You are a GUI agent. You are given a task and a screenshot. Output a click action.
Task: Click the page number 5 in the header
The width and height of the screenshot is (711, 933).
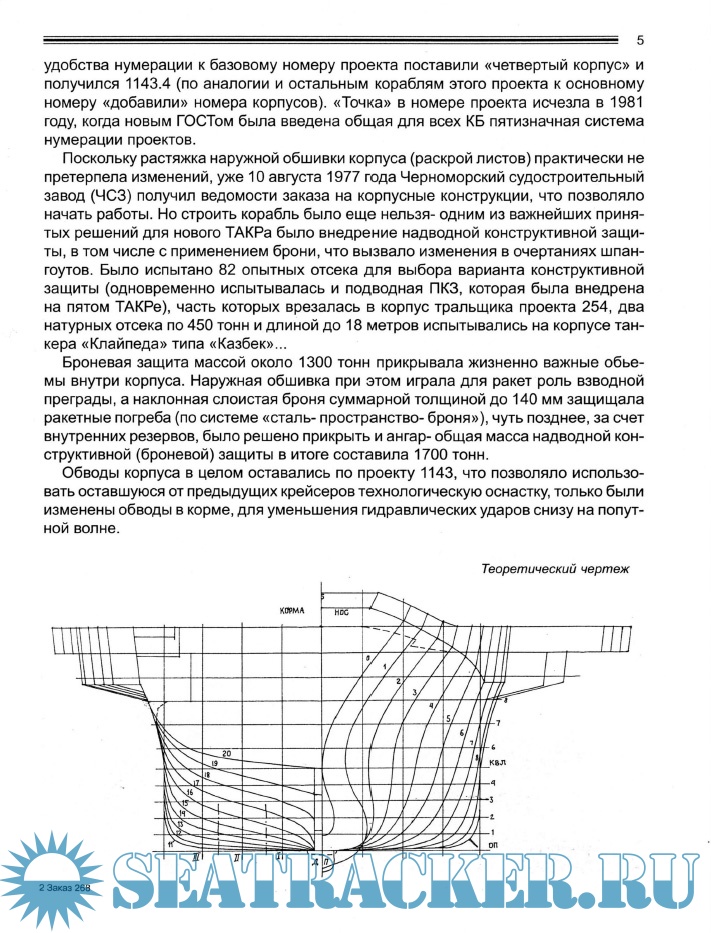(x=640, y=40)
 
